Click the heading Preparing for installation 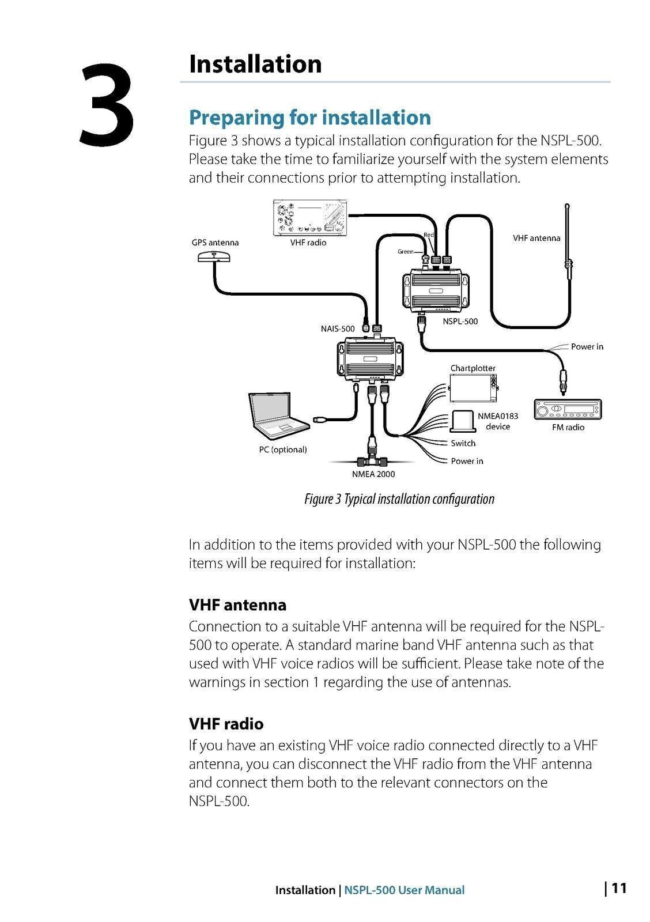[x=309, y=118]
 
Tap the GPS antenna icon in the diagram [x=214, y=256]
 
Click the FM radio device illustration [x=568, y=410]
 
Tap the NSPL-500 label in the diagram [x=460, y=322]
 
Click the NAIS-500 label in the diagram [x=338, y=328]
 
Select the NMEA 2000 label [x=373, y=474]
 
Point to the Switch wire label [x=463, y=443]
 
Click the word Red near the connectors [x=428, y=235]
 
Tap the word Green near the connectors [x=405, y=252]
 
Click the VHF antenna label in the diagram [x=536, y=238]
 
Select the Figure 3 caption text [x=399, y=499]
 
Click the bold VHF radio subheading [x=226, y=724]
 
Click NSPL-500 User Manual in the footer [x=404, y=890]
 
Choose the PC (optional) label [x=282, y=449]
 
